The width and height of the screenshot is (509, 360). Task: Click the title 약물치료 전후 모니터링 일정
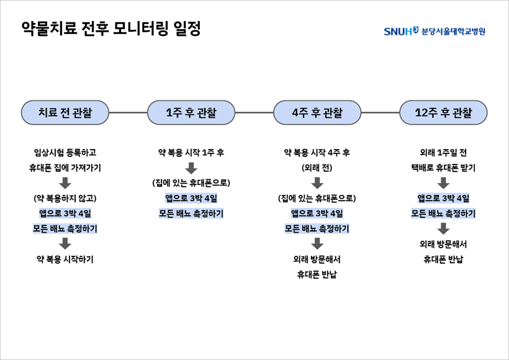coord(111,29)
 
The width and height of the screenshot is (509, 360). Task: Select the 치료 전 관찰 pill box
coord(65,112)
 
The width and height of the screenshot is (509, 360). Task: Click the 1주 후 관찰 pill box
coord(191,112)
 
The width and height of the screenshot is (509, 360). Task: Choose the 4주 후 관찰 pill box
coord(317,112)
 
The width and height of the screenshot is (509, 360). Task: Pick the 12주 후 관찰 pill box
coord(443,112)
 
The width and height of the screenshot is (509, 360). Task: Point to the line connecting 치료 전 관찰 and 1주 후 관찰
coord(128,112)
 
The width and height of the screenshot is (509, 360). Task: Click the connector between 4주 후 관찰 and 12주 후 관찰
coord(380,112)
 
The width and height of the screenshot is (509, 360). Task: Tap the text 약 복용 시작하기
coord(65,259)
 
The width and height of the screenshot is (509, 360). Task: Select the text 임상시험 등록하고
coord(65,153)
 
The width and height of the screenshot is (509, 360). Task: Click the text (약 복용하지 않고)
coord(65,199)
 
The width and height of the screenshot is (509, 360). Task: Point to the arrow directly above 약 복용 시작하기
coord(65,244)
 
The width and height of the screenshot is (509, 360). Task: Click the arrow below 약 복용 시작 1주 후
coord(191,168)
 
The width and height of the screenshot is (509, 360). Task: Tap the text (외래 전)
coord(317,168)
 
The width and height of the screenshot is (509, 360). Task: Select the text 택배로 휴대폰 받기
coord(443,168)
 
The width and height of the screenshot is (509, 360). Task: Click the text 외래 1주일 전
coord(443,153)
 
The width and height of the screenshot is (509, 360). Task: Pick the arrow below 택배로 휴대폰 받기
coord(443,183)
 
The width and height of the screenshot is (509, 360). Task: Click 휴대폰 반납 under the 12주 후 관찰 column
coord(443,259)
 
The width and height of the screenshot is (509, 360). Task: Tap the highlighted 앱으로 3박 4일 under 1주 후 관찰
coord(191,199)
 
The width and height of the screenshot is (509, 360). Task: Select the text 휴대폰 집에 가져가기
coord(65,168)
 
